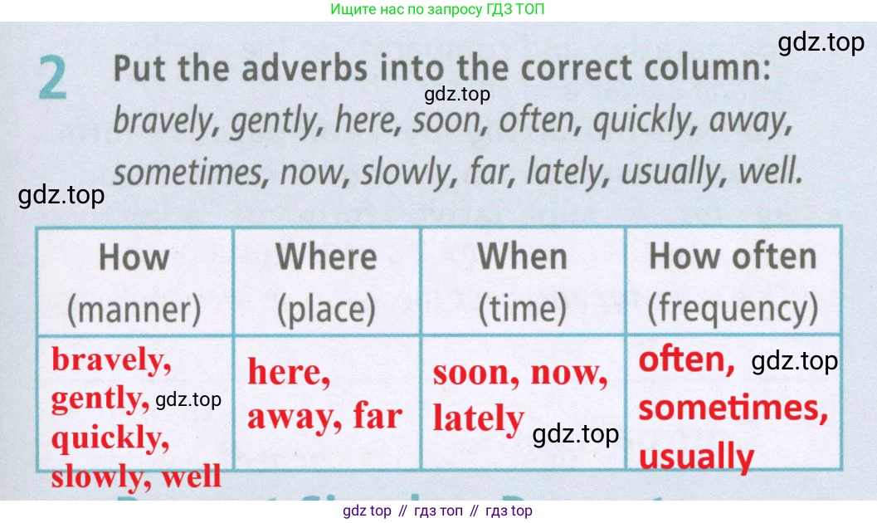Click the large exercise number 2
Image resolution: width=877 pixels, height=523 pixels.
(52, 78)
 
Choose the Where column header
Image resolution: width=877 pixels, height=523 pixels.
(327, 257)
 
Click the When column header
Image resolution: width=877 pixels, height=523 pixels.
(523, 257)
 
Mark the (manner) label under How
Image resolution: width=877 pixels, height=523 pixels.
(134, 310)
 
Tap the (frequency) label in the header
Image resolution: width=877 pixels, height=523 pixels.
(733, 308)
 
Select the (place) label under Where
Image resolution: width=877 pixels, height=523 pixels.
(327, 309)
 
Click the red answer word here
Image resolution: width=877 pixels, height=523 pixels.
(289, 372)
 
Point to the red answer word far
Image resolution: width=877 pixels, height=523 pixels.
(378, 416)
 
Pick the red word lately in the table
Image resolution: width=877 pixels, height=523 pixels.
(478, 418)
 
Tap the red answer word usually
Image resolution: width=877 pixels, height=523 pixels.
(696, 456)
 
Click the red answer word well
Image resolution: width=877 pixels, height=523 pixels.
(192, 477)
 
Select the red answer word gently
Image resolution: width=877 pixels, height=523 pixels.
(100, 399)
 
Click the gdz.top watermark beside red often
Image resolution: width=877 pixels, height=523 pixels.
(794, 361)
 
